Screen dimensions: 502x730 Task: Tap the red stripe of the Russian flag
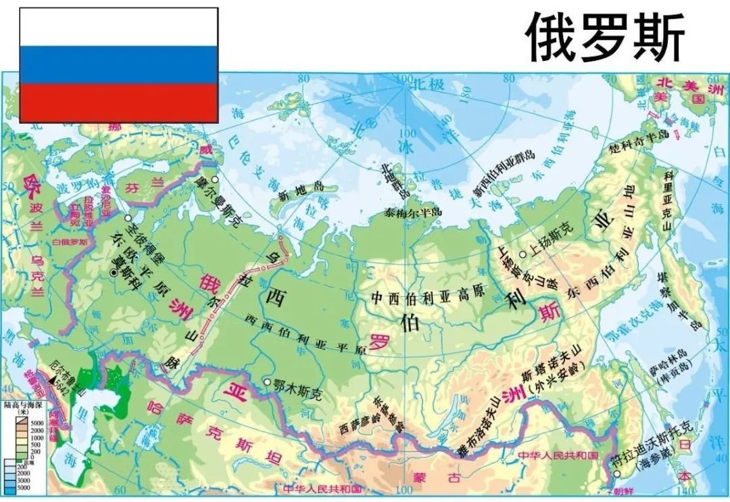[x=118, y=103]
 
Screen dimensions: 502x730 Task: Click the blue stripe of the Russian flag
[x=118, y=65]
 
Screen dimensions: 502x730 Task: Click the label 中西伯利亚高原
[x=429, y=296]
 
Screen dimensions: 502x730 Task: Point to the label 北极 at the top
[x=429, y=84]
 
